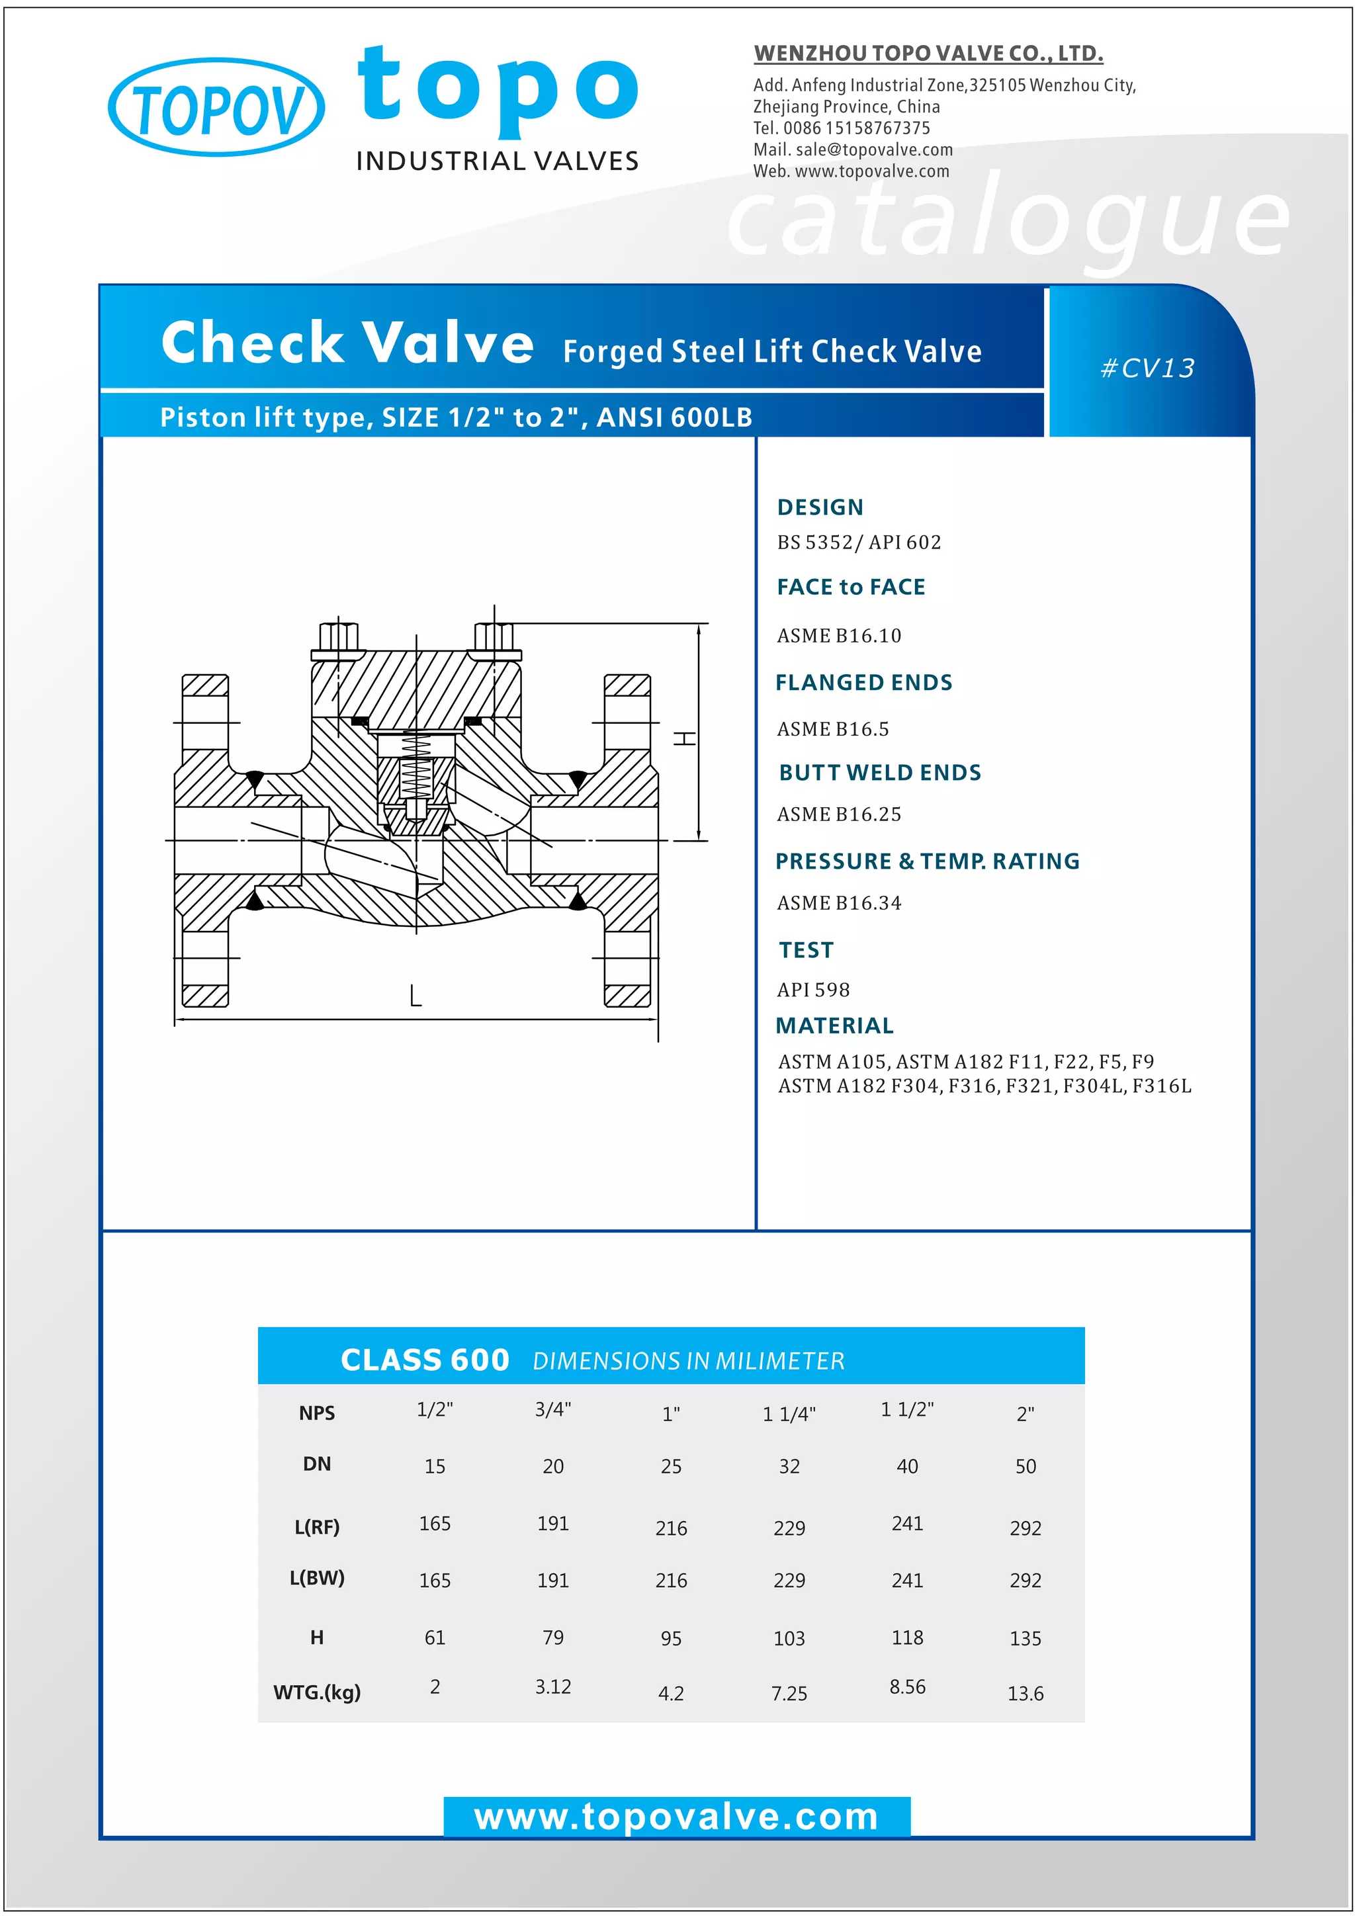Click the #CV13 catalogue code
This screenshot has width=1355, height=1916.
click(x=1147, y=368)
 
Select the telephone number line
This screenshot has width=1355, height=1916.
click(x=841, y=128)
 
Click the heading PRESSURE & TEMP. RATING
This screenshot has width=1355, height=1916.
click(x=927, y=861)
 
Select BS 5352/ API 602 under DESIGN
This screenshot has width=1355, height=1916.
click(x=859, y=543)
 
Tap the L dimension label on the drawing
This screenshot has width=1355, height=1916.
click(x=415, y=996)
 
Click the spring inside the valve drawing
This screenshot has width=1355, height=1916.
click(x=415, y=766)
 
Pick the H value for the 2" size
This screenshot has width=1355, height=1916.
click(x=1025, y=1638)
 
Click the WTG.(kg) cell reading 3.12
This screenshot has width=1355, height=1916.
click(x=552, y=1686)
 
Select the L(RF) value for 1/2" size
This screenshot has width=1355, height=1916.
click(x=435, y=1524)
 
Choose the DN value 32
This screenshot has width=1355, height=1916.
click(x=789, y=1466)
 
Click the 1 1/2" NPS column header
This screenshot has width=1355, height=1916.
click(x=907, y=1409)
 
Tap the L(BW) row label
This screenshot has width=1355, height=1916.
click(x=317, y=1578)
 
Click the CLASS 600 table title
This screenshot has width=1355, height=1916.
click(x=425, y=1360)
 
